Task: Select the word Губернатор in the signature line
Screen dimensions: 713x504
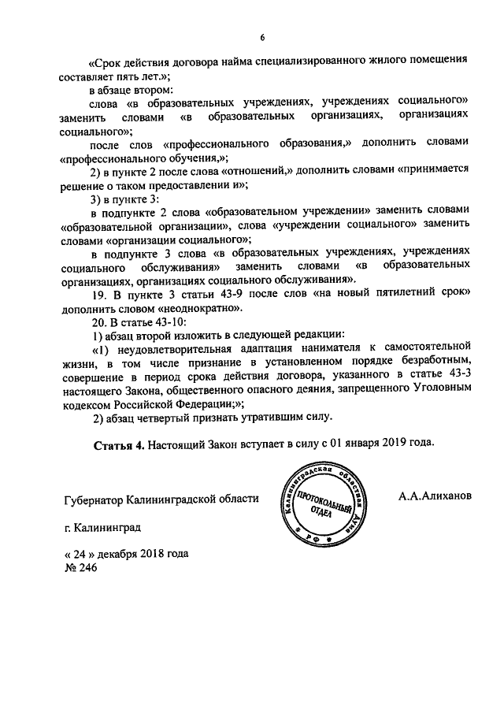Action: coord(98,500)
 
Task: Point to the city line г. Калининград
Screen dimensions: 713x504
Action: coord(103,531)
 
